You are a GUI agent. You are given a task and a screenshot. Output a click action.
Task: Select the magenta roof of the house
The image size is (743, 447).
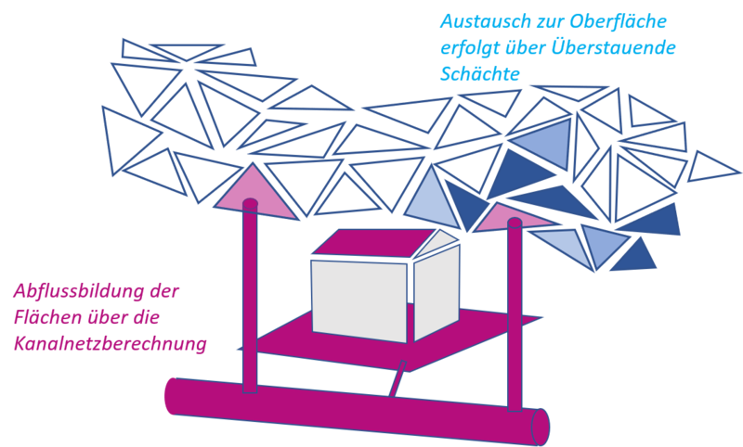click(x=371, y=243)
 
